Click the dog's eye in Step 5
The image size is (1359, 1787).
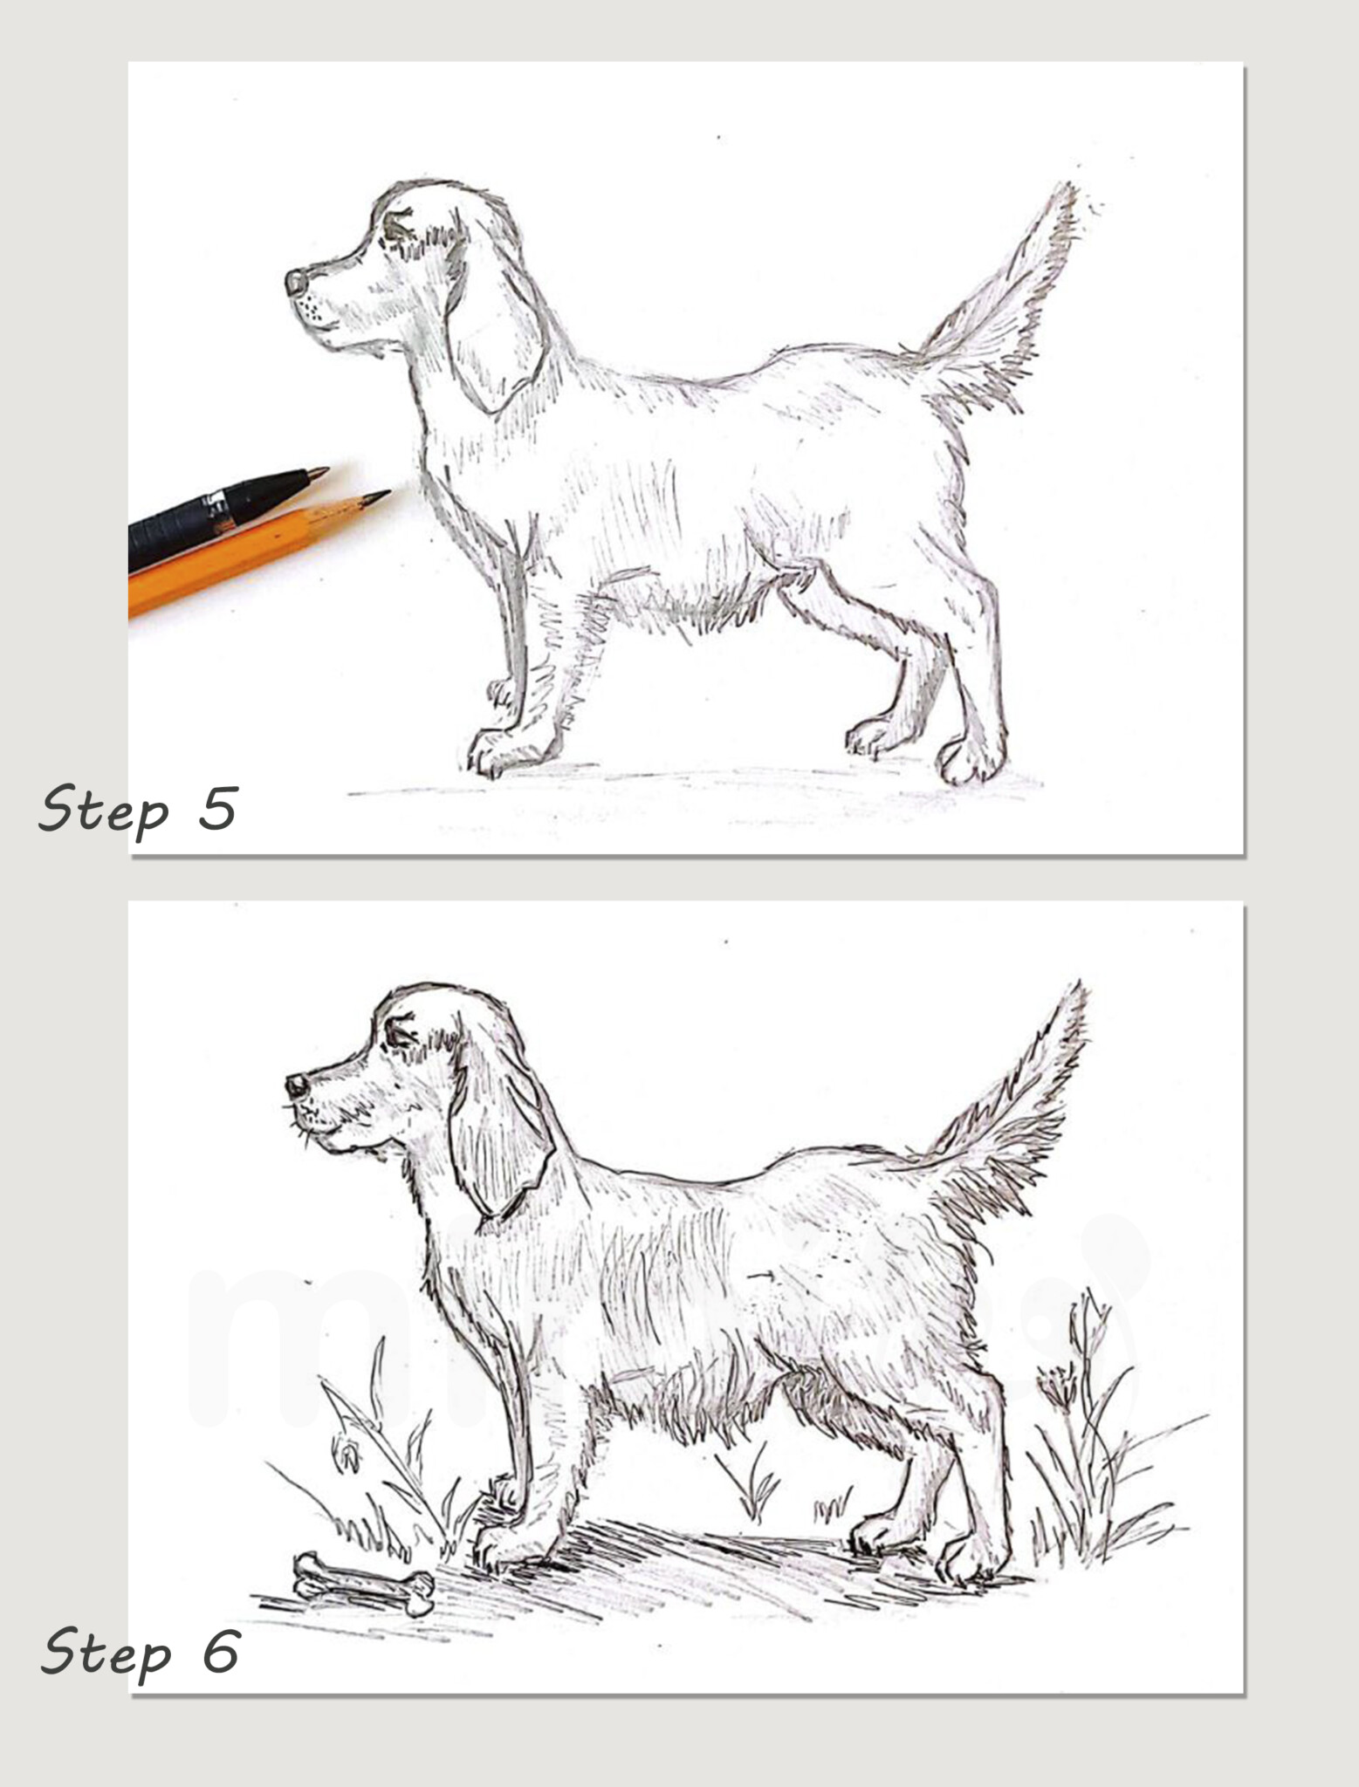(x=397, y=229)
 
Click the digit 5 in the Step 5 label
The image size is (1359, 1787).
(x=218, y=807)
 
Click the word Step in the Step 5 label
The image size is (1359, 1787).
(x=103, y=810)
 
